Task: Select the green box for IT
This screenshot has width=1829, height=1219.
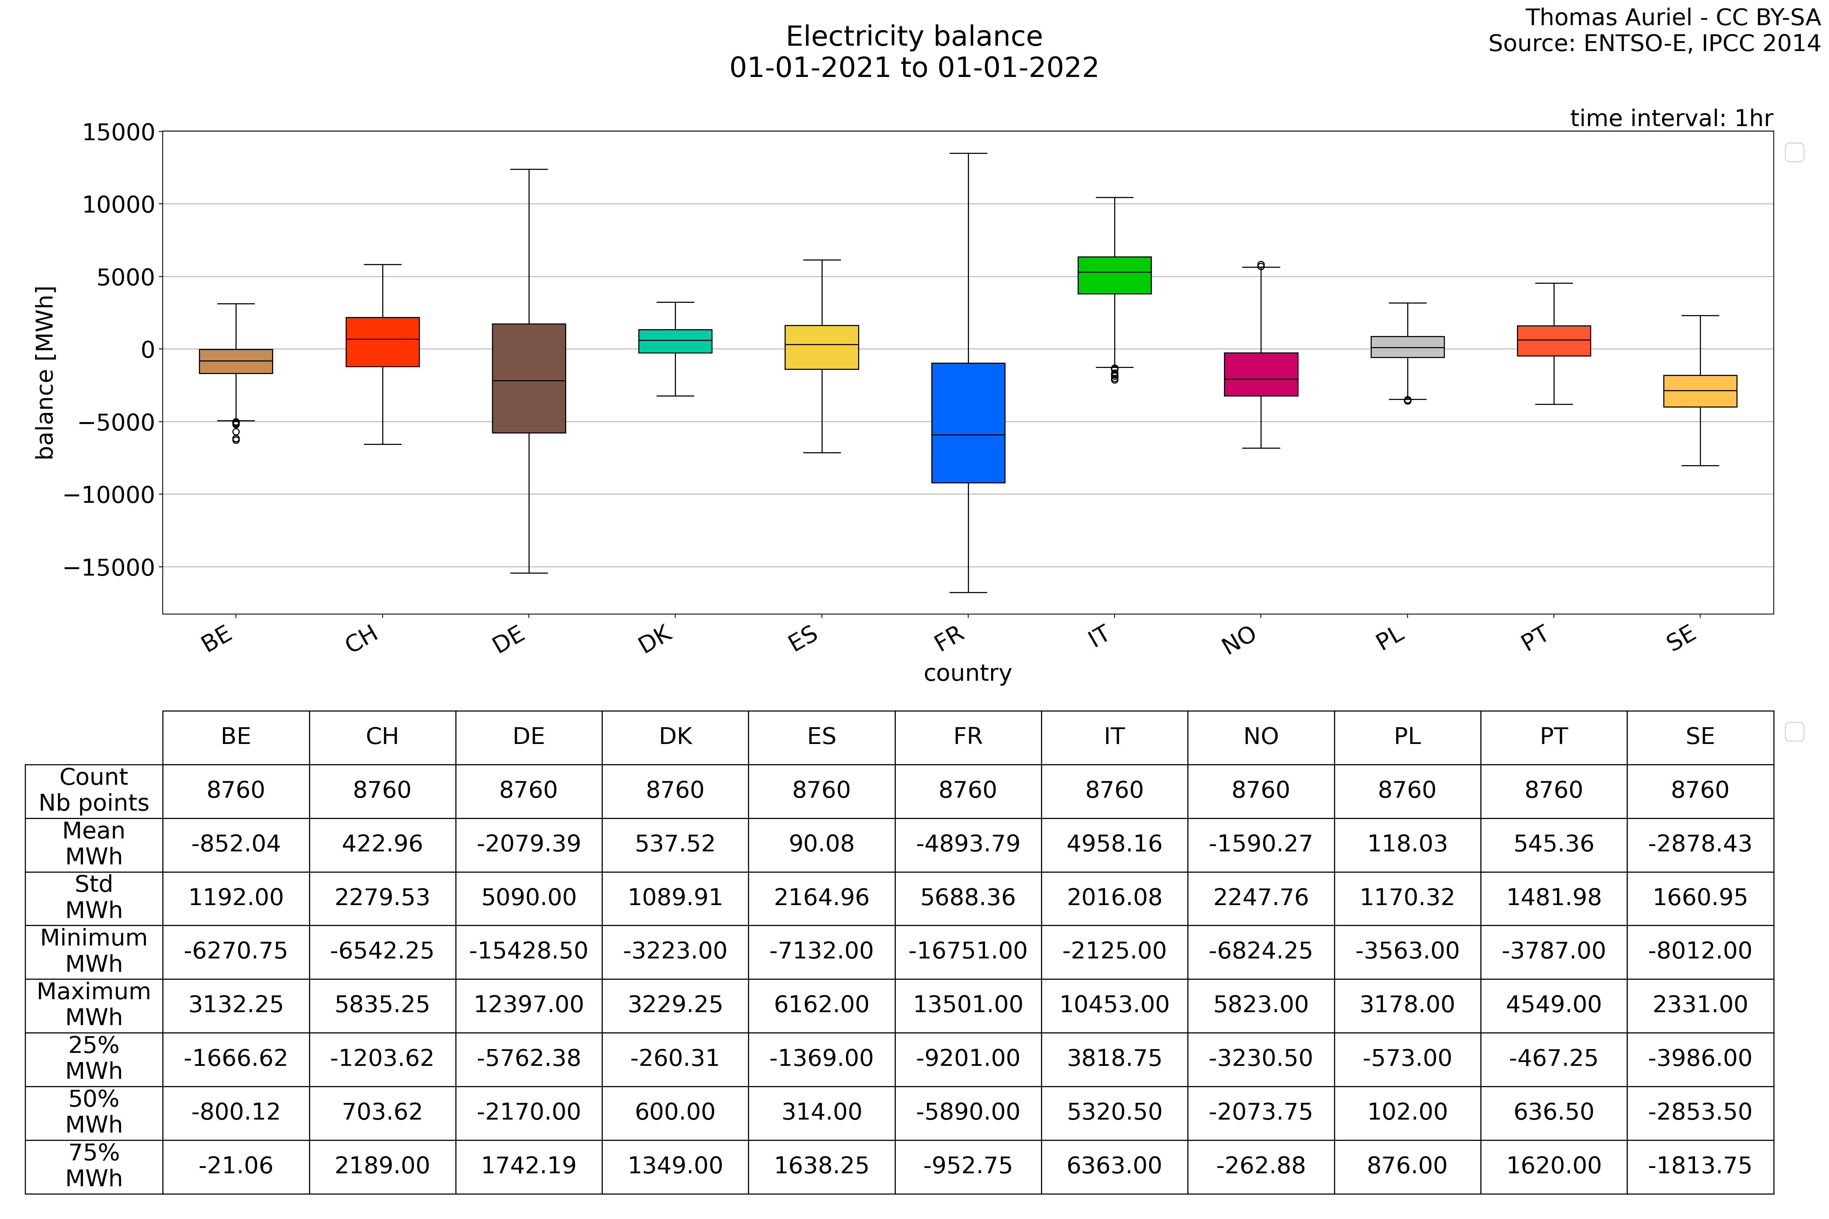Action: [1114, 275]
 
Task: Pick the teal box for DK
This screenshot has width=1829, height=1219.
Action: [675, 341]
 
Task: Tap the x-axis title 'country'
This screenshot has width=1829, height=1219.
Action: [967, 672]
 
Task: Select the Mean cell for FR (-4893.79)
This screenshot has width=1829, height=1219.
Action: [968, 843]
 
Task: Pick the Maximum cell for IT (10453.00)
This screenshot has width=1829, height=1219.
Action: [1114, 1005]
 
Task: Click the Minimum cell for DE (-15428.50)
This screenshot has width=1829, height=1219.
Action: [529, 951]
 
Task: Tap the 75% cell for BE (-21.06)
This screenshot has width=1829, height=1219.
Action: [235, 1165]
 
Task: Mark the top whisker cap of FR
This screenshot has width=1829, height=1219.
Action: [968, 154]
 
